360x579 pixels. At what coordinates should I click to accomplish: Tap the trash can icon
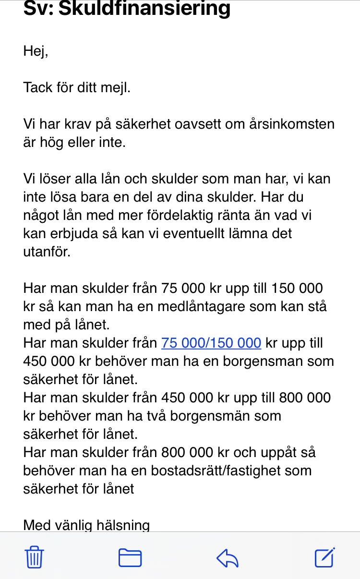(34, 558)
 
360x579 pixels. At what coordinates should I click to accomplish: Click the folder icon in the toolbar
(130, 558)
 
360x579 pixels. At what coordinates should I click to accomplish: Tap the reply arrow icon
(228, 558)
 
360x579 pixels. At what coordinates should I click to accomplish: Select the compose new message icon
(324, 557)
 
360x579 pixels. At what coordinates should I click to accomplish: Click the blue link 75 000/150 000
(211, 343)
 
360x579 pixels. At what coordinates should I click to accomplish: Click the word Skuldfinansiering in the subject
(144, 8)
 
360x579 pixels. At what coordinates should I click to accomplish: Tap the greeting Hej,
(36, 51)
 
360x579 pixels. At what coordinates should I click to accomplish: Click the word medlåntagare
(208, 306)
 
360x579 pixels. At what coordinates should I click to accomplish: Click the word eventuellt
(208, 233)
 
